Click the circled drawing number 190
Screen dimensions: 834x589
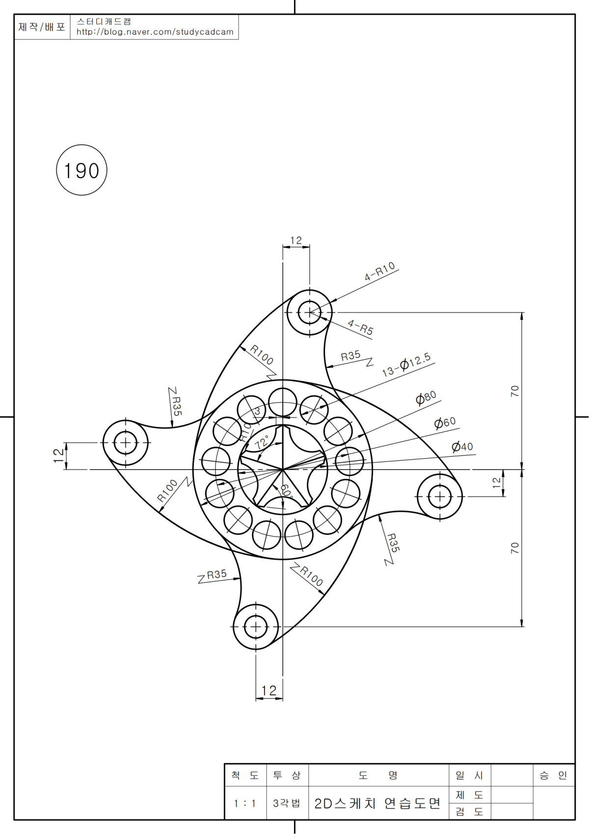pyautogui.click(x=81, y=170)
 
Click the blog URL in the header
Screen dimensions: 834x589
pyautogui.click(x=155, y=32)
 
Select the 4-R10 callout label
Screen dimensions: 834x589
pyautogui.click(x=380, y=271)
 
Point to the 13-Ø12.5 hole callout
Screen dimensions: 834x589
pyautogui.click(x=406, y=364)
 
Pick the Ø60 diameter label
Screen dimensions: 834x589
pyautogui.click(x=445, y=422)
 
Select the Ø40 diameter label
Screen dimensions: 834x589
pyautogui.click(x=462, y=446)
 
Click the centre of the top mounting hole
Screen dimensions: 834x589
pyautogui.click(x=310, y=312)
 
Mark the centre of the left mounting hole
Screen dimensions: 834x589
pyautogui.click(x=126, y=443)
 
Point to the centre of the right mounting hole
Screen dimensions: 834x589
pyautogui.click(x=440, y=497)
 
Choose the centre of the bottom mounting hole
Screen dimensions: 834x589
pyautogui.click(x=256, y=627)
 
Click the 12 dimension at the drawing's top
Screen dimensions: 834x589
pyautogui.click(x=296, y=241)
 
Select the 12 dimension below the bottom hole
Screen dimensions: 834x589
pyautogui.click(x=269, y=691)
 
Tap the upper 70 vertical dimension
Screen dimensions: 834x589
pyautogui.click(x=514, y=391)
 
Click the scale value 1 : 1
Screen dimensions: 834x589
pyautogui.click(x=244, y=804)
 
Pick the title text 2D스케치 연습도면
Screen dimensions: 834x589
pyautogui.click(x=377, y=804)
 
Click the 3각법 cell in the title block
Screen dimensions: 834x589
pyautogui.click(x=287, y=804)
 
